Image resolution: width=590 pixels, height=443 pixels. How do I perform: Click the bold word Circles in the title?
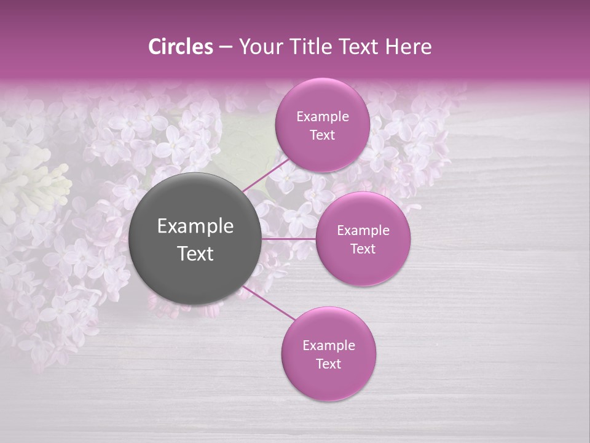pyautogui.click(x=181, y=47)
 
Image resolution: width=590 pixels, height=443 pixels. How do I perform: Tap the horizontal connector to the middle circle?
pyautogui.click(x=289, y=239)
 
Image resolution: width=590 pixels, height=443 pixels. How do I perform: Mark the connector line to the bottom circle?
pyautogui.click(x=269, y=303)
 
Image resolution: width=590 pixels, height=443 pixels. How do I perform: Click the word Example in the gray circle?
pyautogui.click(x=195, y=226)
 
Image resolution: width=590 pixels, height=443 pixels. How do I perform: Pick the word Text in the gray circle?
pyautogui.click(x=195, y=253)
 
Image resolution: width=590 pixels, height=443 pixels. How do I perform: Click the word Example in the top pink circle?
pyautogui.click(x=323, y=117)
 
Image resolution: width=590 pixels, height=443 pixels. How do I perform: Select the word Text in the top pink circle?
pyautogui.click(x=322, y=135)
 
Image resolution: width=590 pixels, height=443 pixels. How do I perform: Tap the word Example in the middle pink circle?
pyautogui.click(x=363, y=231)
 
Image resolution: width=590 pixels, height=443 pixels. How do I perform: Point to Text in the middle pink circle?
pyautogui.click(x=363, y=249)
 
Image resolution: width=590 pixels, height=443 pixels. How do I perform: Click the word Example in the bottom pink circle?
pyautogui.click(x=329, y=346)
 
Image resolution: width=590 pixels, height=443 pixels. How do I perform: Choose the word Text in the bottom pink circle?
pyautogui.click(x=328, y=364)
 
